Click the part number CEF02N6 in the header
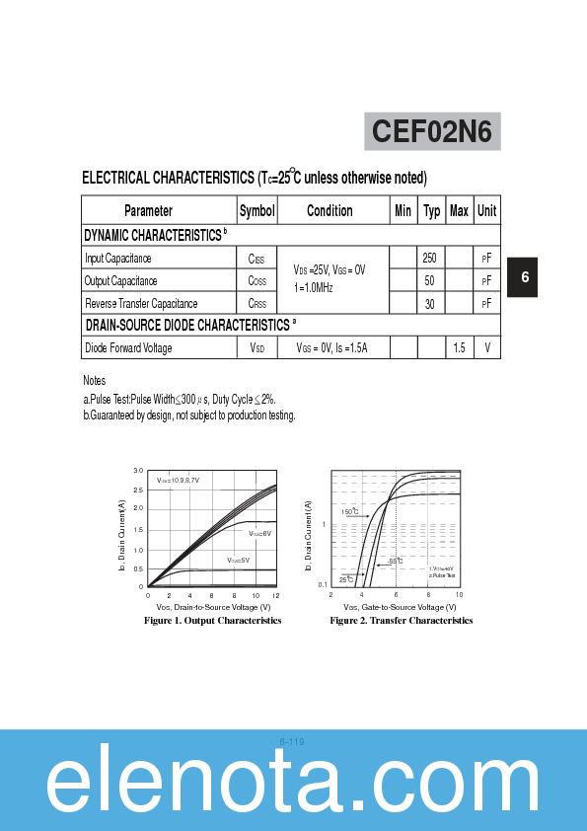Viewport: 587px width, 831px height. click(432, 131)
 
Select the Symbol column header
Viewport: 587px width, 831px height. click(257, 210)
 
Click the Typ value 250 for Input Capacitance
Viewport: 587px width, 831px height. click(430, 258)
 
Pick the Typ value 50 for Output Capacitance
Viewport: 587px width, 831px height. click(430, 280)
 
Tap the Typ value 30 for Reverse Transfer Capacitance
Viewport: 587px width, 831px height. click(430, 304)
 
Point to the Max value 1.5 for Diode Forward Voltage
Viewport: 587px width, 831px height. click(459, 347)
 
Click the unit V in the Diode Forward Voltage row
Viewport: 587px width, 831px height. click(486, 347)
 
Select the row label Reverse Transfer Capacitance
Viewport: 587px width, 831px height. click(141, 304)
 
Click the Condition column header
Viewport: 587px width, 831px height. click(330, 210)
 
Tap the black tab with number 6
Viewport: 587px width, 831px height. click(524, 277)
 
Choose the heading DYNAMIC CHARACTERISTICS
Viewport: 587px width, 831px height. click(153, 235)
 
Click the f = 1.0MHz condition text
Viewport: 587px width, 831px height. click(314, 287)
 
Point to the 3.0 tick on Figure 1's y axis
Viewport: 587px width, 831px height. click(139, 472)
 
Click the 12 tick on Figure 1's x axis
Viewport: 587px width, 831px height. click(275, 596)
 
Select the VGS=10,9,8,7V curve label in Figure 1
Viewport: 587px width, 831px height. click(178, 480)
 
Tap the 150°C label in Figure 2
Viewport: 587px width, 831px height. click(350, 512)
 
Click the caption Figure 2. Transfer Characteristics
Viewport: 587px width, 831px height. click(401, 621)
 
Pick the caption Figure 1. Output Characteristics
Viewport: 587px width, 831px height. click(212, 621)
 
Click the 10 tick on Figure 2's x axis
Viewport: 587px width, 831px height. click(460, 596)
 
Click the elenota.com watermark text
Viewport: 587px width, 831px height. click(293, 787)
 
